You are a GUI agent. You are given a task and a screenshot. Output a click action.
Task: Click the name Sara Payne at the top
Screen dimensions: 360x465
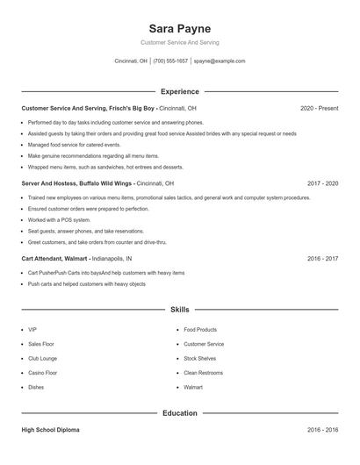[x=179, y=28]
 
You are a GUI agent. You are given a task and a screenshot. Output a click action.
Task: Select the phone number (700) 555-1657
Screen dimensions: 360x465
[x=170, y=61]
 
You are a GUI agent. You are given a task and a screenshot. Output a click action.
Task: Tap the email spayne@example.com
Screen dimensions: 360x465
[x=220, y=61]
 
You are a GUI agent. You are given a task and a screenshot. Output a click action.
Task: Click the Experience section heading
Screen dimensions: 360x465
[x=179, y=91]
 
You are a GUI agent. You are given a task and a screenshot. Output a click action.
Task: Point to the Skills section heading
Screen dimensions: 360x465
[x=179, y=310]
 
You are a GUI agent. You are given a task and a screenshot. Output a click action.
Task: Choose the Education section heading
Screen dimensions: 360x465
[x=179, y=412]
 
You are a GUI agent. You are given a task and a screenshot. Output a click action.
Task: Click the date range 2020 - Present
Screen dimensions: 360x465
[x=319, y=108]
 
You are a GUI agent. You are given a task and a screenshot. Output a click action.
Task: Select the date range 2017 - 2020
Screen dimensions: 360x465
[x=322, y=183]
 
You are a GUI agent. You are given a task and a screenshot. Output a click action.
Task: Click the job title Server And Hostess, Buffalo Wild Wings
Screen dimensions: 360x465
[x=77, y=183]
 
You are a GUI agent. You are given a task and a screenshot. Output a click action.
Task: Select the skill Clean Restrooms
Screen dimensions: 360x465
[x=203, y=373]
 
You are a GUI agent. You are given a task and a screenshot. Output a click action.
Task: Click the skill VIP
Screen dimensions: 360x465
[x=32, y=330]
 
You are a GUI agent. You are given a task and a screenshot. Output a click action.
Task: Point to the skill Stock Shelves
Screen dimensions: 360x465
[x=201, y=359]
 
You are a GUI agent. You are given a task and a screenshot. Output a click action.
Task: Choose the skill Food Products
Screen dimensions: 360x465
[x=200, y=330]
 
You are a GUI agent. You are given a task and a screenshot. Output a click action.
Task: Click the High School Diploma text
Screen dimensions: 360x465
[x=50, y=430]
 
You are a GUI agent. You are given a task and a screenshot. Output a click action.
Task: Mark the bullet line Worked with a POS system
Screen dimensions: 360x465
[x=59, y=220]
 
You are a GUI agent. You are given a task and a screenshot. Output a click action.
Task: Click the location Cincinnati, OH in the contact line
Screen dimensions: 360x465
[x=131, y=61]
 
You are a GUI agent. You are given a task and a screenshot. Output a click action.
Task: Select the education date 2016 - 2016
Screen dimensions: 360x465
[x=322, y=430]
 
